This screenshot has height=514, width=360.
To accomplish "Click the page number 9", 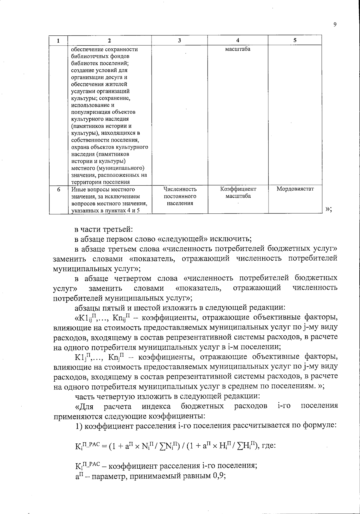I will pos(335,25).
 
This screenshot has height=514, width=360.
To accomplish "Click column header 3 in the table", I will pos(179,40).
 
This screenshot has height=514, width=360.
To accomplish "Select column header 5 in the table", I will pos(295,40).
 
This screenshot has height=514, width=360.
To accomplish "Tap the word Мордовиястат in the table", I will pos(295,189).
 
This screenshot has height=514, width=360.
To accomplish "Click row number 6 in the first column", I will pos(58,189).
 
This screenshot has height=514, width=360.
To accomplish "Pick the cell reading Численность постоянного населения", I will pos(180,196).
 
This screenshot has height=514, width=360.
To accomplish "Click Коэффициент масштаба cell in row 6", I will pos(238,193).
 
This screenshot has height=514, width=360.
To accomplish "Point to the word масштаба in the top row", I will pos(238,49).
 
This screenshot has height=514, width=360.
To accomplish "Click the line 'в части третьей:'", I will pos(103,229).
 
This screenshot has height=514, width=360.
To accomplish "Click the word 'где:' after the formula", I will pos(268,445).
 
